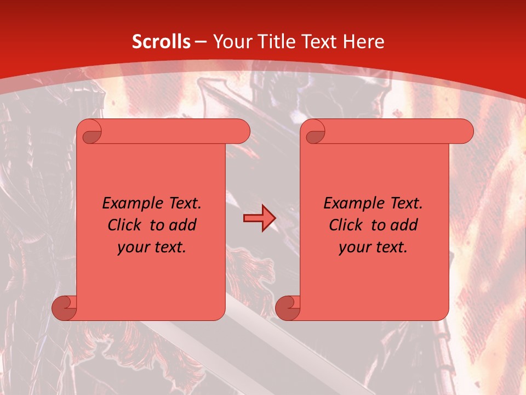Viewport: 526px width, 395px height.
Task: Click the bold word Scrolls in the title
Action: click(x=161, y=42)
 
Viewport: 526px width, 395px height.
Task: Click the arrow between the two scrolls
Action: click(x=259, y=218)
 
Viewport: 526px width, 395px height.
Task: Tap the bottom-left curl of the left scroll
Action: click(x=65, y=308)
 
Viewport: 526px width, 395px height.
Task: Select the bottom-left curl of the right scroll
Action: click(x=289, y=308)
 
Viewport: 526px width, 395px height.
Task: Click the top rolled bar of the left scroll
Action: click(x=170, y=132)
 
